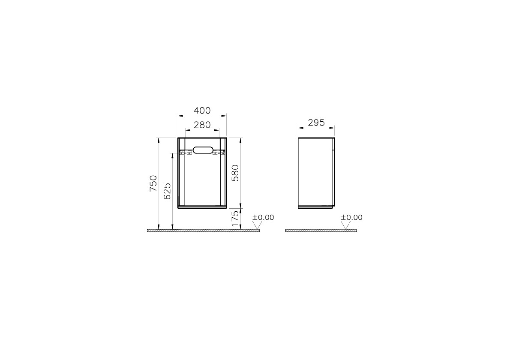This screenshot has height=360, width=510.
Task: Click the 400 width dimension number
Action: (202, 111)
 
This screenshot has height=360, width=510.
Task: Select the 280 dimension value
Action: (202, 125)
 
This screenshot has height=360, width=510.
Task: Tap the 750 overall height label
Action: (153, 183)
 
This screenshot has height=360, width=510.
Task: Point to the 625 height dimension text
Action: (167, 191)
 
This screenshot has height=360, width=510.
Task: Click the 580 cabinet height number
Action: (235, 173)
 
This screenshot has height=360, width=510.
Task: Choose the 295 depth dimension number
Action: (316, 123)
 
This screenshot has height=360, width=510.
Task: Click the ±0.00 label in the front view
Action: (264, 217)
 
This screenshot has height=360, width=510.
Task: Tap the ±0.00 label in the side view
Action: (351, 217)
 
